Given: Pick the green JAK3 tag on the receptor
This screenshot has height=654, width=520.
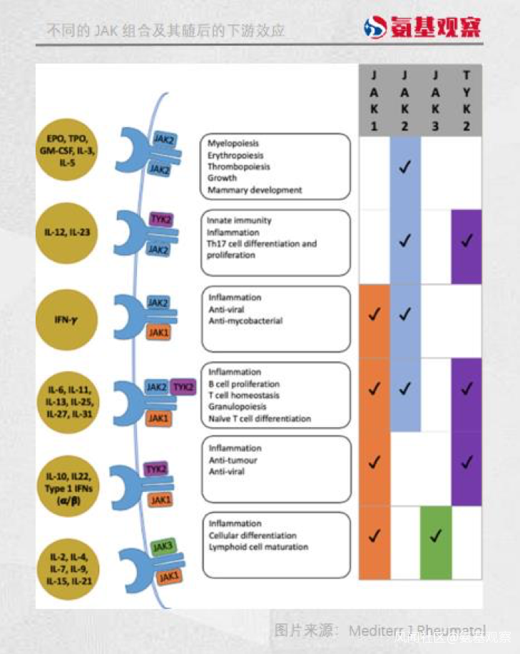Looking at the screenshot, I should (x=163, y=548).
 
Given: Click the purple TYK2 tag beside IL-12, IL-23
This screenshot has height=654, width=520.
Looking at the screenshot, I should (x=160, y=220).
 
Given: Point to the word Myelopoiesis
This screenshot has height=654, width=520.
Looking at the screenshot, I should (x=234, y=144).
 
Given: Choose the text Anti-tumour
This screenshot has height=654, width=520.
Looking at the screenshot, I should (x=233, y=461).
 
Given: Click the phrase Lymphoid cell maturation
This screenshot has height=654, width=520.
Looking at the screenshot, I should (x=258, y=548).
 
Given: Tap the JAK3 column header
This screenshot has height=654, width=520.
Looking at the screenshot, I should (x=436, y=101).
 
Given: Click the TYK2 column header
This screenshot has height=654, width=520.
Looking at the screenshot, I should (x=467, y=101).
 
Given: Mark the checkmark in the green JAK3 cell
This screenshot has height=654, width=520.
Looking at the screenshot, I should (x=436, y=535).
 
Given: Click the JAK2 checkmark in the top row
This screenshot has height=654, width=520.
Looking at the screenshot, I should (x=405, y=169).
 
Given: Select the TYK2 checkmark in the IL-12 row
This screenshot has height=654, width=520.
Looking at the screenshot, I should (x=467, y=241).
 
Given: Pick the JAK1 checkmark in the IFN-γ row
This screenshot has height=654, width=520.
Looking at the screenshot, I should (x=374, y=314).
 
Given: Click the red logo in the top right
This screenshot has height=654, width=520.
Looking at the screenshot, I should (x=422, y=27).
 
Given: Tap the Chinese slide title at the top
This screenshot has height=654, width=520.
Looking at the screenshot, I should (x=165, y=31).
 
